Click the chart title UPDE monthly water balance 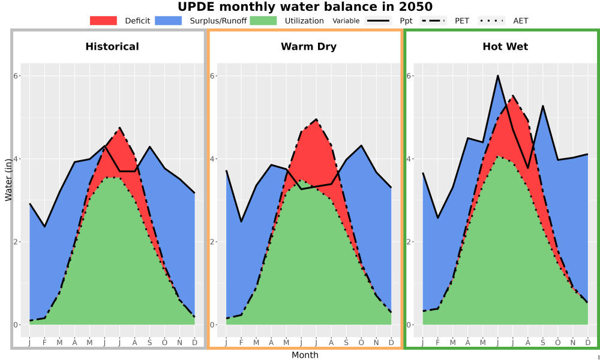coord(305,7)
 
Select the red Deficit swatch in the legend coord(103,20)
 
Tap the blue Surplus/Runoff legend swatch coord(169,20)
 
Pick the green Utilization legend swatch coord(263,20)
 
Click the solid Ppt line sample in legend coord(378,20)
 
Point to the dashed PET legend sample coord(433,20)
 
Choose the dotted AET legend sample coord(491,20)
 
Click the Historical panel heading coord(112,47)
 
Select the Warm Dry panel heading coord(309,47)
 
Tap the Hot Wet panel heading coord(505,47)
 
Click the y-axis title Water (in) coord(8,180)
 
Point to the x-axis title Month coord(305,355)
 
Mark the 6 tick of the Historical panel coord(16,76)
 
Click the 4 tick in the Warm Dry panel coord(213,159)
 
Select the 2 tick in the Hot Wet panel coord(410,242)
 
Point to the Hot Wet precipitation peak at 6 coord(498,76)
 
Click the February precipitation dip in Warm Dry coord(241,221)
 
